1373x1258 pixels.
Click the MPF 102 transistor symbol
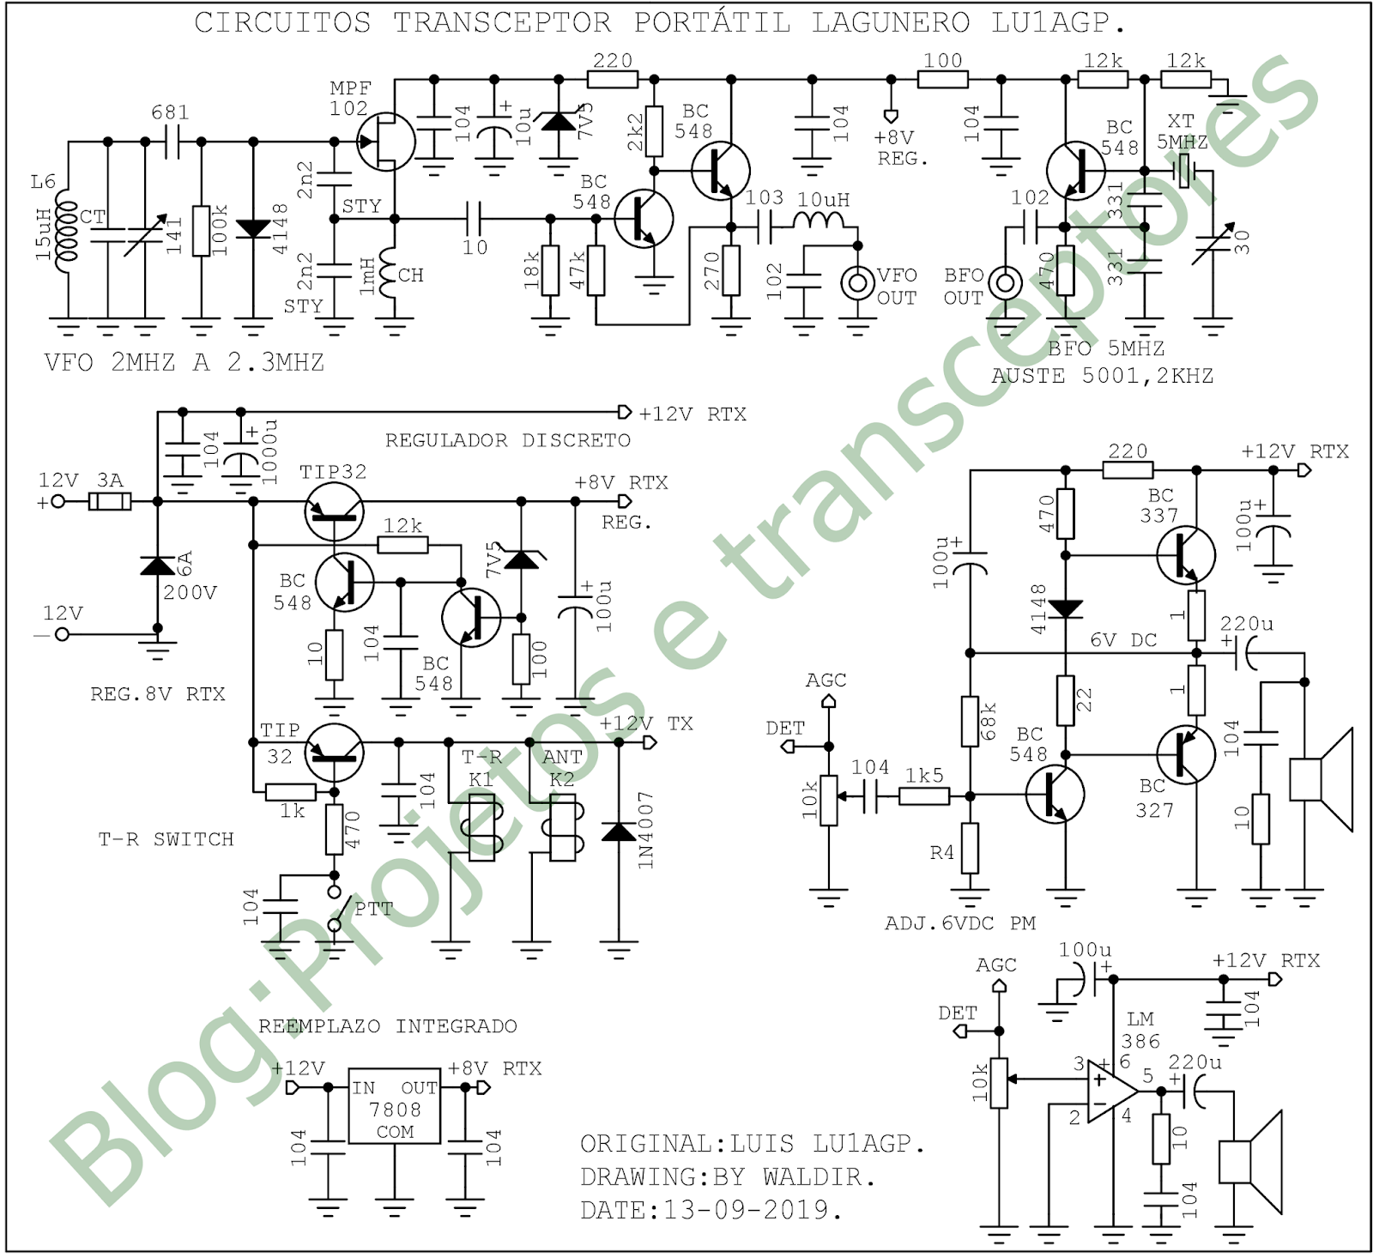coord(385,142)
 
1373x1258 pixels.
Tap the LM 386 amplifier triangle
coord(1110,1092)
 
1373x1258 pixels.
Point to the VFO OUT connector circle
coord(857,282)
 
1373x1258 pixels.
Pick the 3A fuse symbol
coord(110,502)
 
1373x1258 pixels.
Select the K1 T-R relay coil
coord(481,826)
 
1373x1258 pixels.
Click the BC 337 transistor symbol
coord(1185,554)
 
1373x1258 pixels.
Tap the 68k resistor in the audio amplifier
coord(970,722)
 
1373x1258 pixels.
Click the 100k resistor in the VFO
coord(201,230)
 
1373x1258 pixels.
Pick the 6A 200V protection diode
coord(157,565)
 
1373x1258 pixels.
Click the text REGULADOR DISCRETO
coord(507,441)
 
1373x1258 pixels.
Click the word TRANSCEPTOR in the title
coord(502,22)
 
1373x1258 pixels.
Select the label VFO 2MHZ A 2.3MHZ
coord(184,362)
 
